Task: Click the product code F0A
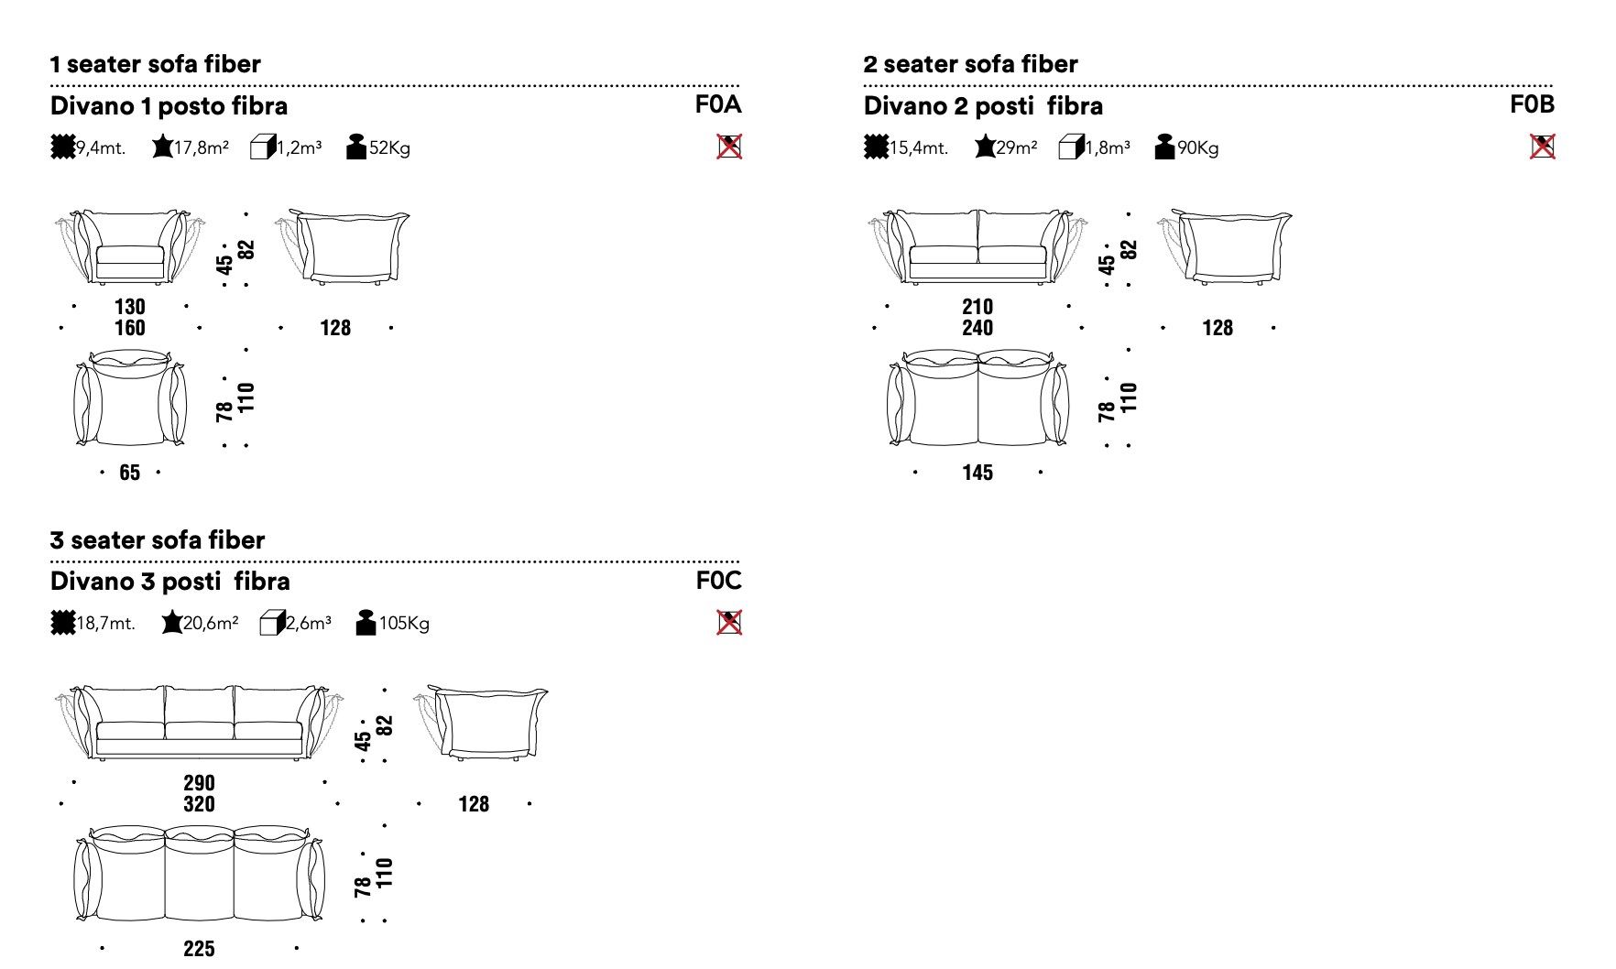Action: (717, 104)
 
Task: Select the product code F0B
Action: (1532, 104)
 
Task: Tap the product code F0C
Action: (718, 581)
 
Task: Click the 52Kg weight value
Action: (389, 147)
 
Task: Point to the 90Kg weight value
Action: (1197, 147)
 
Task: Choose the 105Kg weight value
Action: (404, 624)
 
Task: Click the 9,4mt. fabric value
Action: (100, 147)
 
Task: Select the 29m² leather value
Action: (1016, 147)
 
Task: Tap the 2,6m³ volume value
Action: (309, 624)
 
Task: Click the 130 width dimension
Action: (130, 307)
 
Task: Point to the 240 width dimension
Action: (977, 328)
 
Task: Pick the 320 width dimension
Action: (199, 804)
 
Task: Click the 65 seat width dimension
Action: (130, 473)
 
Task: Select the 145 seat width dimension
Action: (977, 473)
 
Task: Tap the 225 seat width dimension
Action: (199, 949)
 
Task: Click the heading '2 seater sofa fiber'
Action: (970, 64)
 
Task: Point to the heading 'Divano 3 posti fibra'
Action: (170, 582)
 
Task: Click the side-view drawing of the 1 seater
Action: (342, 246)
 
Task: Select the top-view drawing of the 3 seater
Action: (199, 874)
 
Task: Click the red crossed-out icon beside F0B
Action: (1543, 147)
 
